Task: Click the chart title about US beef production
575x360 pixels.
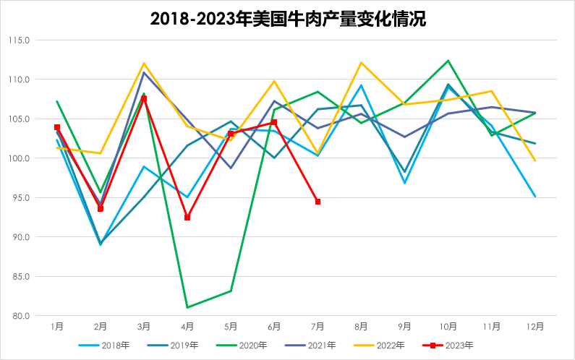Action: [x=288, y=19]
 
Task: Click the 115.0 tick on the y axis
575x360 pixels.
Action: [x=19, y=40]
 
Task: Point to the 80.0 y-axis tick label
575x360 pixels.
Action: [x=20, y=316]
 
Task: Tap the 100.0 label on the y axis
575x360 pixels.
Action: [x=19, y=158]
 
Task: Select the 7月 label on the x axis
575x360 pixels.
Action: [x=318, y=327]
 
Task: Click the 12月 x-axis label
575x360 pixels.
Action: [x=535, y=327]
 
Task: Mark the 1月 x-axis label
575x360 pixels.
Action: [x=57, y=327]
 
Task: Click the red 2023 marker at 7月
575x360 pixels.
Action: [x=318, y=202]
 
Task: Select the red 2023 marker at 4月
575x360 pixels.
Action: [x=187, y=218]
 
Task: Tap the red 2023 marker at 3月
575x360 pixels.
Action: [x=144, y=98]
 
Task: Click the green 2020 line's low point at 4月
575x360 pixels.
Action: [x=187, y=307]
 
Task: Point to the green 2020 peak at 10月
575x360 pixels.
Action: [x=448, y=61]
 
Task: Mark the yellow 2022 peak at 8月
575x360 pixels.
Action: [x=361, y=63]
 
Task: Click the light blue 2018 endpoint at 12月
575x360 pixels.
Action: [x=535, y=197]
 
